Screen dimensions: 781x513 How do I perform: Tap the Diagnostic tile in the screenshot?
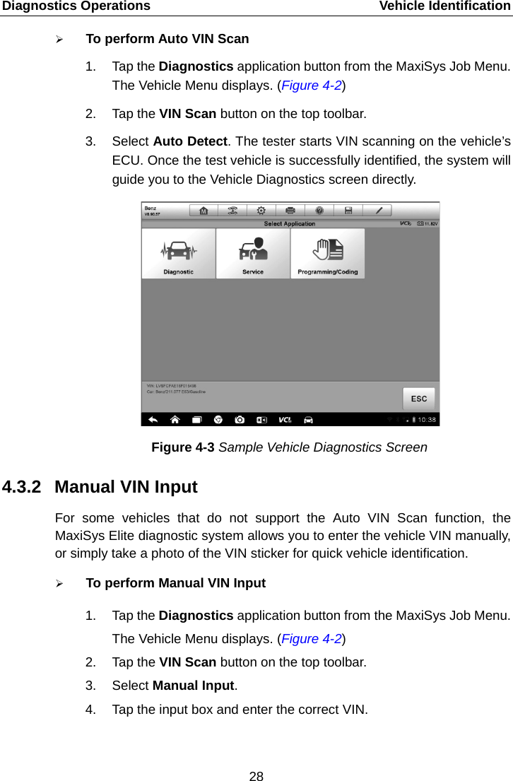click(x=178, y=254)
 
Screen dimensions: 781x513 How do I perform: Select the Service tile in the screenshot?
click(x=253, y=254)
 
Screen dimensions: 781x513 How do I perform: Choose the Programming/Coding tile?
click(x=327, y=254)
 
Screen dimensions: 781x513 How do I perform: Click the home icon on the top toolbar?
click(x=204, y=211)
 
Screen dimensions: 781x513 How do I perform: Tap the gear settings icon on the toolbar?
click(x=261, y=211)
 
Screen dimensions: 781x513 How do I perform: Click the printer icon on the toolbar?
click(x=290, y=211)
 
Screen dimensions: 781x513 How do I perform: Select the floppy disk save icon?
click(x=348, y=211)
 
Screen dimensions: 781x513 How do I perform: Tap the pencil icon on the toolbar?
click(x=378, y=211)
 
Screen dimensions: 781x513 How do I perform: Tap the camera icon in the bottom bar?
click(x=240, y=419)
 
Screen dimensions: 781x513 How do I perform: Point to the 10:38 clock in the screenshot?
click(x=427, y=420)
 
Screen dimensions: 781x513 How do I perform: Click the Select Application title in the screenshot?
click(x=290, y=223)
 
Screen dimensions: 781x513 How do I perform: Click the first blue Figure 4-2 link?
click(x=311, y=86)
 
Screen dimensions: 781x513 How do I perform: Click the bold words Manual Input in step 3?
click(x=193, y=686)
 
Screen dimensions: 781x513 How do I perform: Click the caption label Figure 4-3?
click(x=183, y=447)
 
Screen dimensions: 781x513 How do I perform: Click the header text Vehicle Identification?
click(x=444, y=6)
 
